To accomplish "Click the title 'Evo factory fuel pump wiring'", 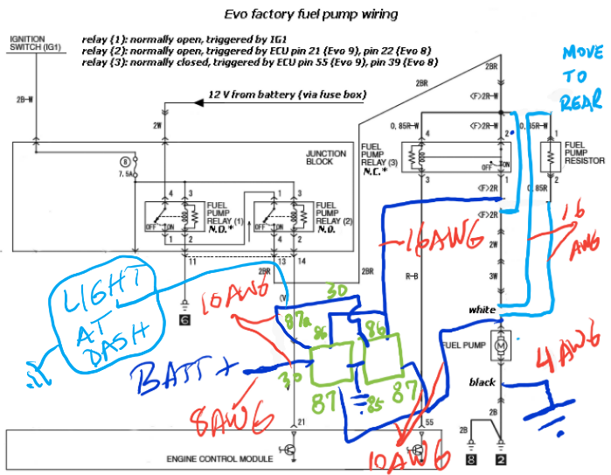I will (x=300, y=14).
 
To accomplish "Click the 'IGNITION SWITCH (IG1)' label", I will (x=33, y=45).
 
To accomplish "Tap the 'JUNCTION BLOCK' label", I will (x=326, y=157).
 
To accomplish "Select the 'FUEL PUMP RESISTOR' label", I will (x=584, y=154).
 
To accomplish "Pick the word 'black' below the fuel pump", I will (x=483, y=382).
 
